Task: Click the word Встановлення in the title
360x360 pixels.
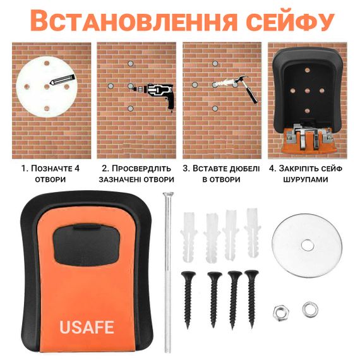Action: pyautogui.click(x=133, y=21)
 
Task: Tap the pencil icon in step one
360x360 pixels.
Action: pyautogui.click(x=62, y=80)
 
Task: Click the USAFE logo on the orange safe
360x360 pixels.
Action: pyautogui.click(x=87, y=327)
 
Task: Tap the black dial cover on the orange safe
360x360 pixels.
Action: pyautogui.click(x=87, y=245)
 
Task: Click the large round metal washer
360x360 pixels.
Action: pyautogui.click(x=307, y=244)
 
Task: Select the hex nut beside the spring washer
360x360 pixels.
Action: pyautogui.click(x=281, y=313)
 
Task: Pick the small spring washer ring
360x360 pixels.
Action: pyautogui.click(x=310, y=309)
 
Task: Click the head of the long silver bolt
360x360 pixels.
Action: pyautogui.click(x=168, y=195)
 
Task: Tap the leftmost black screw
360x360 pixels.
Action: pyautogui.click(x=188, y=299)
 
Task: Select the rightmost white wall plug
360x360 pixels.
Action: pyautogui.click(x=253, y=233)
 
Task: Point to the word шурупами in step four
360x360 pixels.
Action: pyautogui.click(x=306, y=179)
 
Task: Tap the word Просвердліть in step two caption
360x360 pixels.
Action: pyautogui.click(x=141, y=169)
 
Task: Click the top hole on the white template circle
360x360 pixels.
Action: pyautogui.click(x=47, y=63)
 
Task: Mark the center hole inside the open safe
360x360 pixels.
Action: pyautogui.click(x=308, y=91)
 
